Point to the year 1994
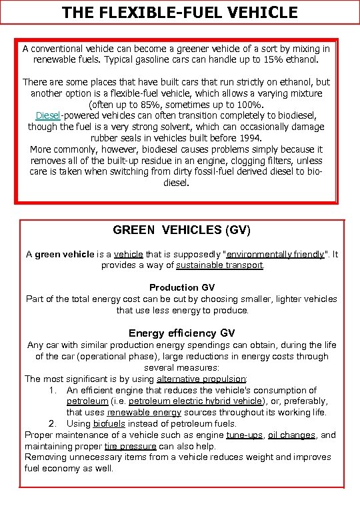click(251, 138)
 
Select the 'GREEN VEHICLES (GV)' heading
click(181, 230)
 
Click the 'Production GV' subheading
click(181, 287)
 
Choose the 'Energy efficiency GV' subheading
click(181, 333)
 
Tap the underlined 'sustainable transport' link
click(220, 265)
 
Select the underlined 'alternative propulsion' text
click(201, 379)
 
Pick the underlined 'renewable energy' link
click(143, 413)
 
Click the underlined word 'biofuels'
click(109, 423)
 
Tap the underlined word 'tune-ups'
click(245, 435)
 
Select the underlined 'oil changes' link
click(291, 435)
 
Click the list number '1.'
click(54, 390)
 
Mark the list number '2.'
click(54, 423)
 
